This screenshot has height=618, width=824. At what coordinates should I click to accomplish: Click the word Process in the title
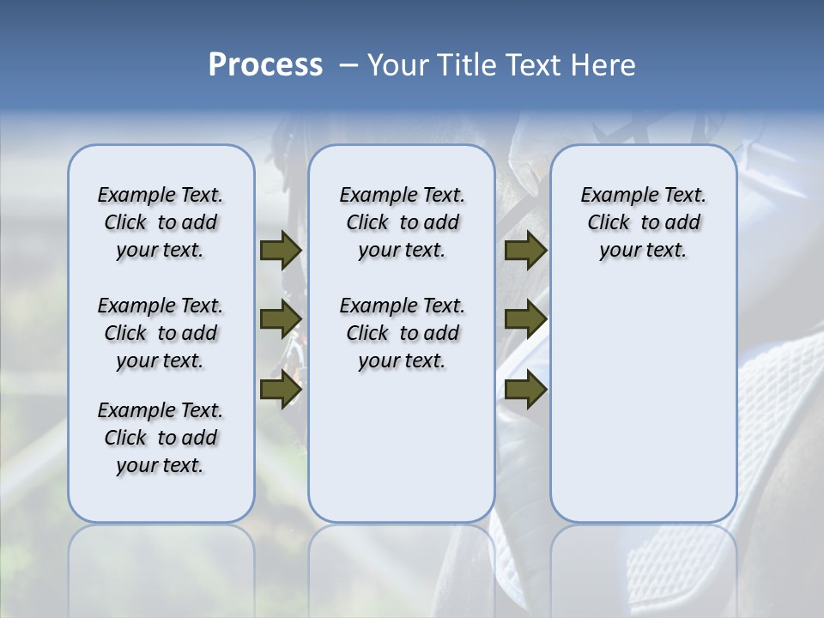[x=265, y=65]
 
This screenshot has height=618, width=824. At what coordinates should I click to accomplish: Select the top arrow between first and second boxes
[x=281, y=250]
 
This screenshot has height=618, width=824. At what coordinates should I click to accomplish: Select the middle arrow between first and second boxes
[x=281, y=319]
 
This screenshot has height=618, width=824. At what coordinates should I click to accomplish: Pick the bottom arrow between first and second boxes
[x=281, y=389]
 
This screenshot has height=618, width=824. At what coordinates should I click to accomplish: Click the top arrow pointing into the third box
[x=525, y=250]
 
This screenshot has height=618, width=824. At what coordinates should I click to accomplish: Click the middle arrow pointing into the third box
[x=525, y=319]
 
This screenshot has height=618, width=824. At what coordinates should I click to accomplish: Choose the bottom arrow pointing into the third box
[x=525, y=389]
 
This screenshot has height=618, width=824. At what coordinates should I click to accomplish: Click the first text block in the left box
[x=161, y=222]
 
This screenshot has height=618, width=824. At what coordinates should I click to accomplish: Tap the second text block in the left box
[x=161, y=333]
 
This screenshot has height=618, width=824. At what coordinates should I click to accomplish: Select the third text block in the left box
[x=161, y=438]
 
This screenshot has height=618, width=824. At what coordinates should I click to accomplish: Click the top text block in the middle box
[x=402, y=222]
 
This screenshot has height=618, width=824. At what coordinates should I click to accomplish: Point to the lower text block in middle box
[x=402, y=333]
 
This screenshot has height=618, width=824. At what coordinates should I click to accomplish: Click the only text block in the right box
[x=643, y=222]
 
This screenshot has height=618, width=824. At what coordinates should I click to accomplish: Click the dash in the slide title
[x=348, y=65]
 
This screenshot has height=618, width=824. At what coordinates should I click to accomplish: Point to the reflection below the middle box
[x=402, y=566]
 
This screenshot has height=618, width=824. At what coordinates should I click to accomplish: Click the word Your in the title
[x=397, y=65]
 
